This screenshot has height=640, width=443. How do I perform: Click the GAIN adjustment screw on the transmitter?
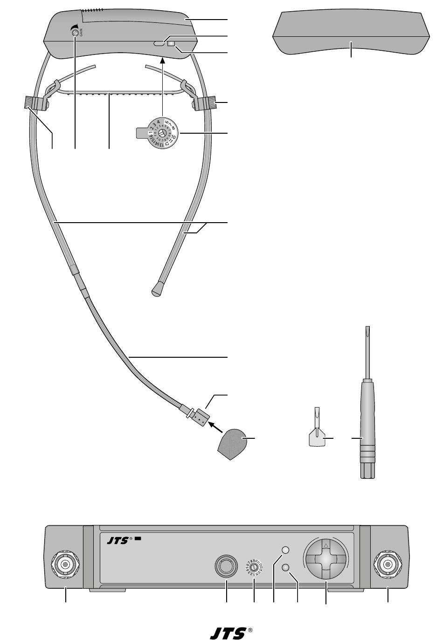point(74,32)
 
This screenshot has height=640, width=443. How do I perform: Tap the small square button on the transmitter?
point(171,44)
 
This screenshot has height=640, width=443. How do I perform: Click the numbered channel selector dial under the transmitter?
point(161,133)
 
